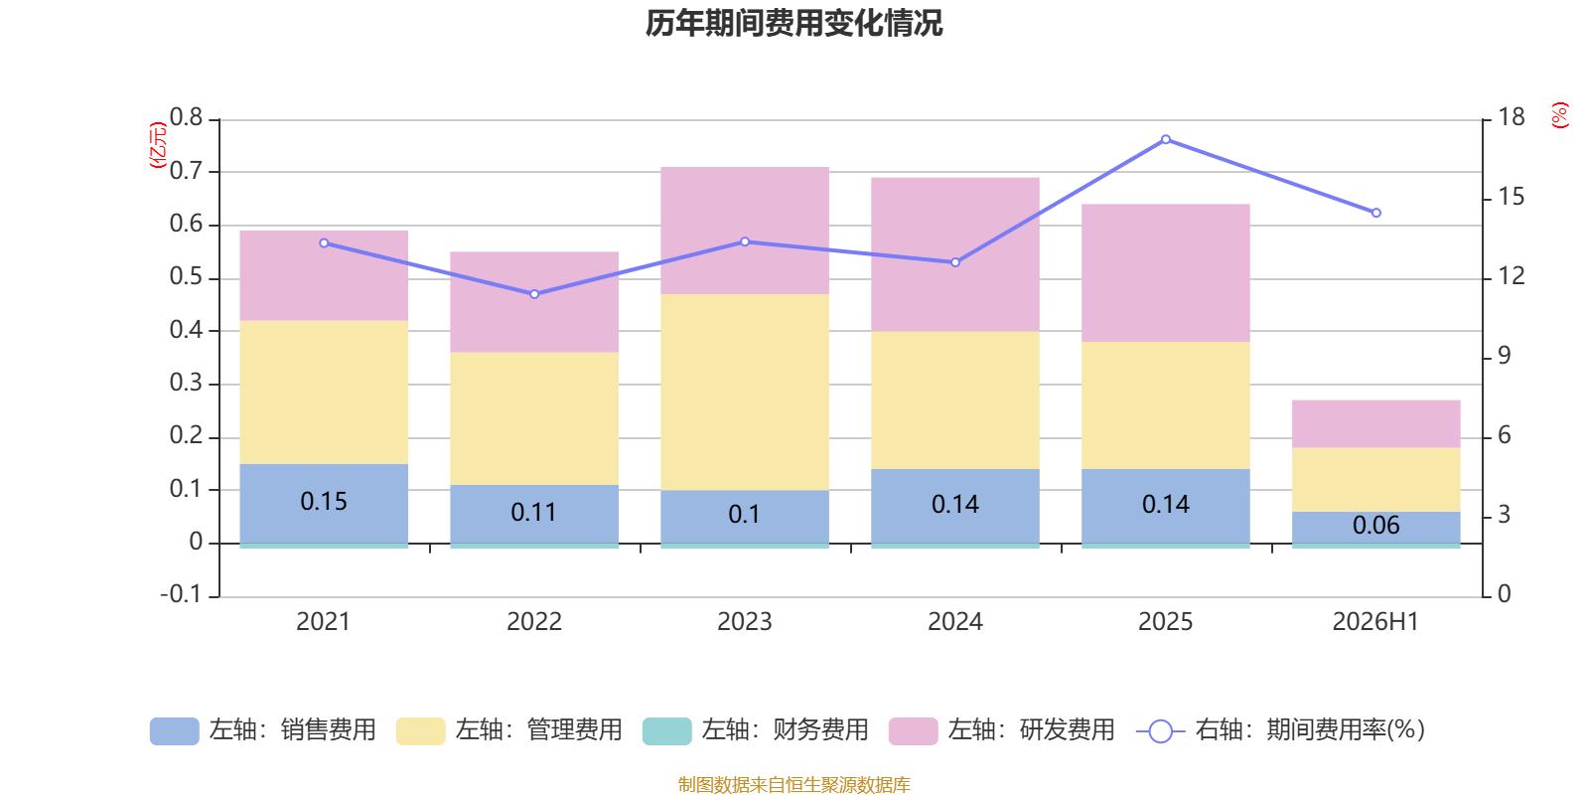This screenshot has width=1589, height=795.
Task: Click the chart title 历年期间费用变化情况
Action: [x=794, y=23]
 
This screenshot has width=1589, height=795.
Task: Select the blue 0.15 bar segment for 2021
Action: [x=324, y=503]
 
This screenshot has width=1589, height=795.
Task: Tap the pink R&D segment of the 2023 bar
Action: [x=745, y=231]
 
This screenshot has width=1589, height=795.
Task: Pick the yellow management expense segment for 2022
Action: [x=534, y=418]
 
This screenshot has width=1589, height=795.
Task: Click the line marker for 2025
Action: [x=1166, y=140]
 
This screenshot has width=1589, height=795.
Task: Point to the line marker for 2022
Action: [x=535, y=294]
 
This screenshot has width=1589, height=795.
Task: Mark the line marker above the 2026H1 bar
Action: [x=1376, y=213]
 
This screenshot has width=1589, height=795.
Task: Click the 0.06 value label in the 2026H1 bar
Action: [x=1376, y=526]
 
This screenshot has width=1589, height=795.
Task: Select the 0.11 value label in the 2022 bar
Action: [x=534, y=513]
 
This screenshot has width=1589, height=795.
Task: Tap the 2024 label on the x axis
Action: [x=954, y=622]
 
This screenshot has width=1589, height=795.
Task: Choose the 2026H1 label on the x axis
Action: [x=1375, y=622]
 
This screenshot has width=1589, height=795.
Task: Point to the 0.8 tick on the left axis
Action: [x=186, y=117]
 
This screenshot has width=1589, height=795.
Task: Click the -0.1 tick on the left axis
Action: [x=181, y=594]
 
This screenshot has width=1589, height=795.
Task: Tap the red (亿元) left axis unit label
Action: [x=158, y=145]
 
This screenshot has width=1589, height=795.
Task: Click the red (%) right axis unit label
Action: [x=1559, y=115]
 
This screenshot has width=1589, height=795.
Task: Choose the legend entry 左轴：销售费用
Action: [x=263, y=730]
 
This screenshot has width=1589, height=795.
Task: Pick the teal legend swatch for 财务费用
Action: [x=666, y=731]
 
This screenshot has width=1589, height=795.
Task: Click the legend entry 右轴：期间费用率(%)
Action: [x=1281, y=730]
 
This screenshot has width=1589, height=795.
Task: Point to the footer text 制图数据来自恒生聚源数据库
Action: [x=794, y=784]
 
